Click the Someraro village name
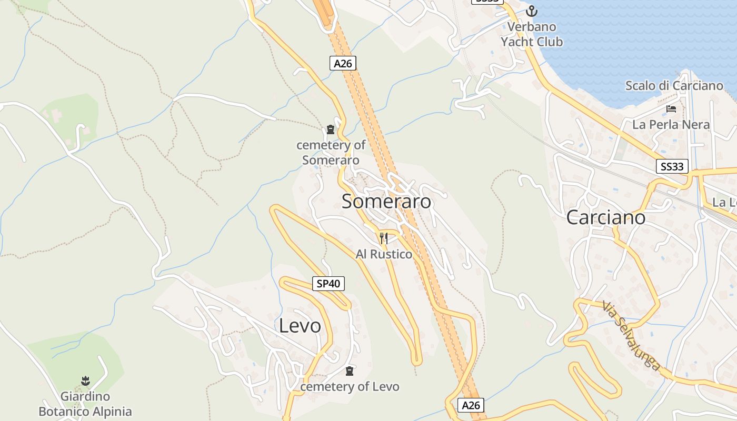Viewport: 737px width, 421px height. pos(386,201)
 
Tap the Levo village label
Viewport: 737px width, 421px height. pos(300,326)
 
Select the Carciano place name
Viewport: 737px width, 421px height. pos(605,217)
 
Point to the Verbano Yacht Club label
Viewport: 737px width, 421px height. pos(532,34)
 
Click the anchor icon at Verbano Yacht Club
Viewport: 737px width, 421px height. pos(532,11)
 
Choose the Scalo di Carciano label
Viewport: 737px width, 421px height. pos(674,86)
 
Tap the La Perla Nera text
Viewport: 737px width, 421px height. pos(671,125)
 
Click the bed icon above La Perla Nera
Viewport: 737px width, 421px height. pos(671,109)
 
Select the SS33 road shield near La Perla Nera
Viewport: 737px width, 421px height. pos(673,167)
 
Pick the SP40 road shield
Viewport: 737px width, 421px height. pos(328,284)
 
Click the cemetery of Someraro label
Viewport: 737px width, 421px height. pos(331,153)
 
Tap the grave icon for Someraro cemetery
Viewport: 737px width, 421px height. pos(331,129)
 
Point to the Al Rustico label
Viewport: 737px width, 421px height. pos(384,254)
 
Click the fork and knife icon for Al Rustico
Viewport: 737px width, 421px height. pos(384,238)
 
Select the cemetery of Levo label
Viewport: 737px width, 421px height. pos(350,387)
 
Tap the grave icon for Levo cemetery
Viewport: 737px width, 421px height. pos(350,371)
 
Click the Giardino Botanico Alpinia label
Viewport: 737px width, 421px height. pos(85,404)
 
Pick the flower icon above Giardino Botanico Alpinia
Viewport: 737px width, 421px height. pos(85,380)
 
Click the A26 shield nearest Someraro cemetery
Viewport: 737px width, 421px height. pos(343,63)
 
